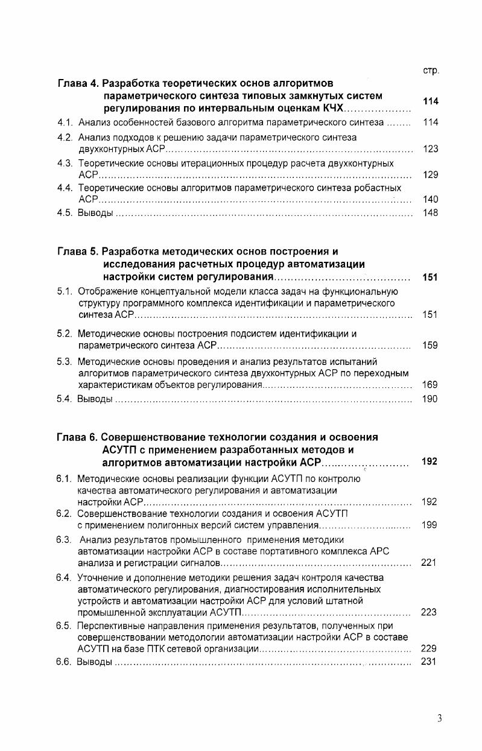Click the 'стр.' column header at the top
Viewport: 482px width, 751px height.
tap(431, 71)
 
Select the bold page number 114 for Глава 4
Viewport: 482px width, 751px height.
tap(430, 101)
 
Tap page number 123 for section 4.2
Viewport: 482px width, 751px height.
tap(430, 149)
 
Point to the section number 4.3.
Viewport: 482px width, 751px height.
tap(65, 163)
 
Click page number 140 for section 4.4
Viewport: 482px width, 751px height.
tap(430, 200)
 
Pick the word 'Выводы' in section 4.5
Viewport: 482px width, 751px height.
tap(95, 213)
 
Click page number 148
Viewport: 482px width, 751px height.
tap(430, 213)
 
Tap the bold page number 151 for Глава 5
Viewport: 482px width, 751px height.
tap(430, 277)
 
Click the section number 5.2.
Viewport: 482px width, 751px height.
tap(65, 333)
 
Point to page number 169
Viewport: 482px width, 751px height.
tap(430, 384)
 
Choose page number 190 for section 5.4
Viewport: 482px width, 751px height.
tap(430, 399)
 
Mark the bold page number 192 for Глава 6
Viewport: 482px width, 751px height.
tap(430, 462)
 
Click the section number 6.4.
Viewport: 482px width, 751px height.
tap(65, 577)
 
